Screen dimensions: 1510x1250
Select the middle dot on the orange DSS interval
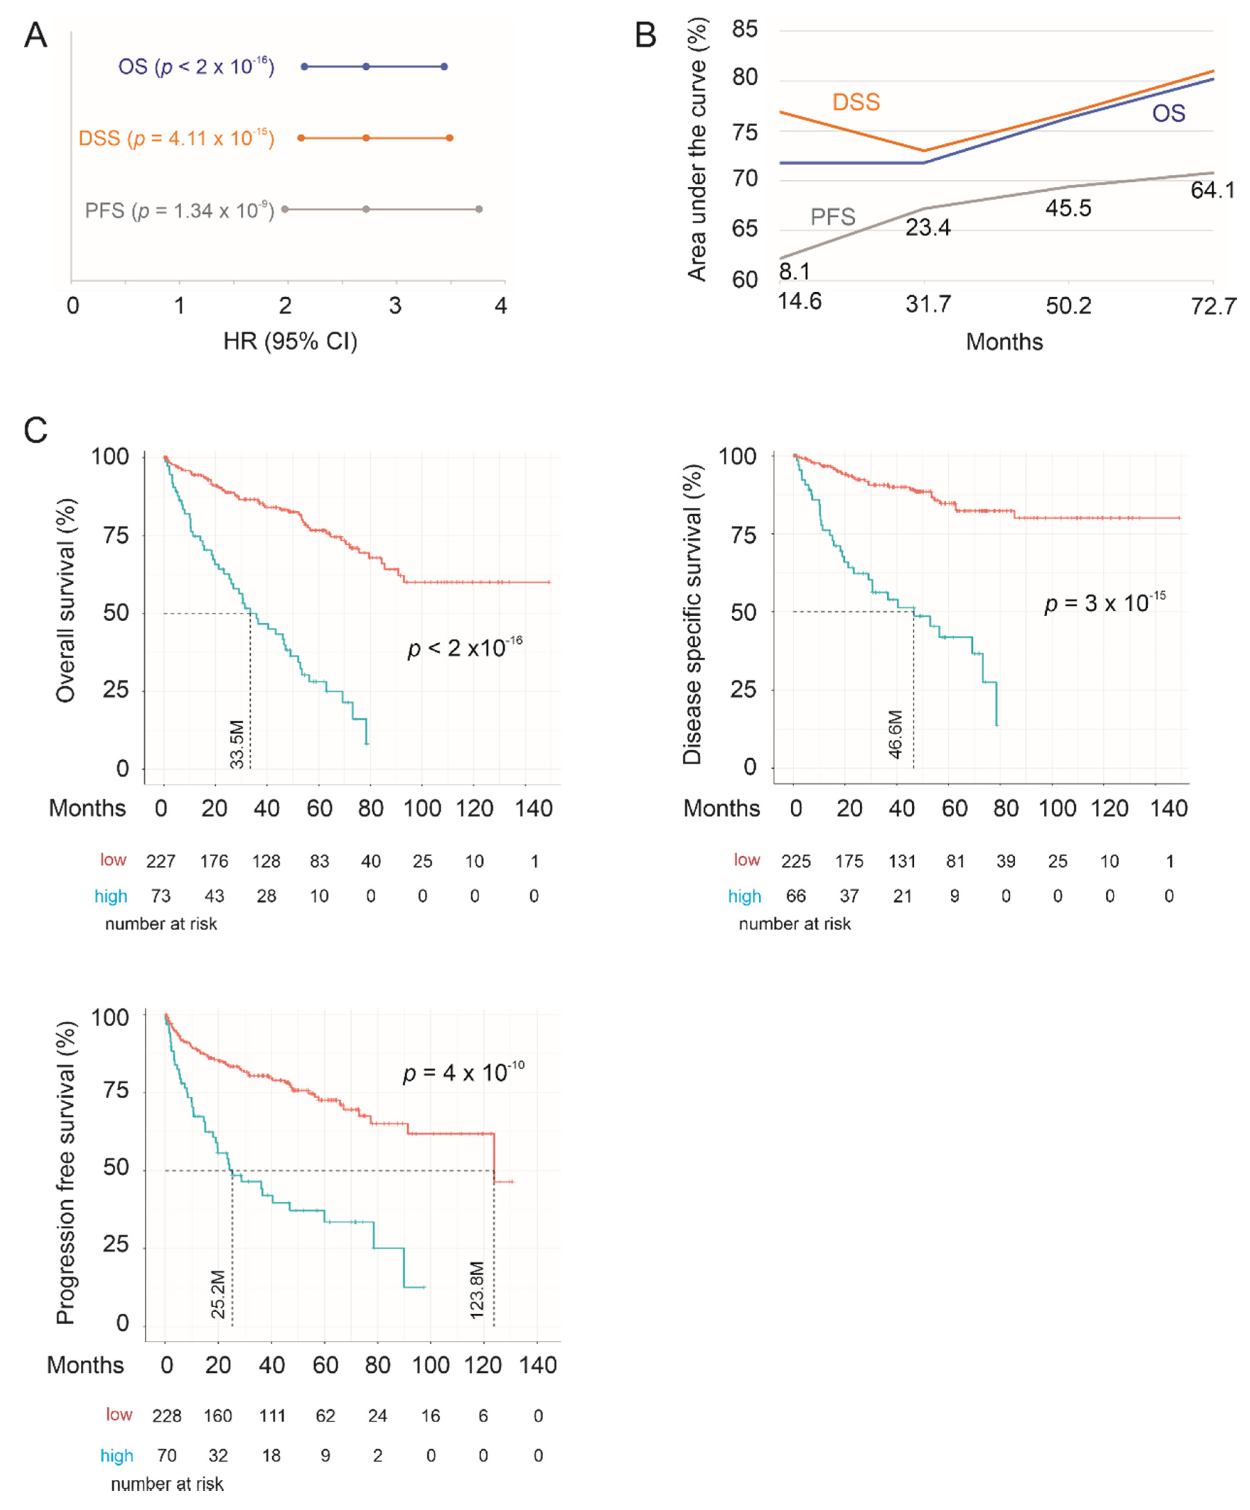[366, 137]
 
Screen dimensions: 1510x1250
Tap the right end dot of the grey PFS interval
[479, 209]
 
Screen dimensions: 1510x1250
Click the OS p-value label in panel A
[196, 67]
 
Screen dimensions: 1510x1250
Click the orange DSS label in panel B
[855, 102]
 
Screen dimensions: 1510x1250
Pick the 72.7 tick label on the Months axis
[1213, 306]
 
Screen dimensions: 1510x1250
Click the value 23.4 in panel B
[927, 228]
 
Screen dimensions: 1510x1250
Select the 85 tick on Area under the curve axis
[745, 30]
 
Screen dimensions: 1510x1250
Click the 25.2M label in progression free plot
[218, 1294]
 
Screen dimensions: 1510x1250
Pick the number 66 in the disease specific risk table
[796, 896]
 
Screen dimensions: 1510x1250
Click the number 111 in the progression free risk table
[272, 1416]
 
